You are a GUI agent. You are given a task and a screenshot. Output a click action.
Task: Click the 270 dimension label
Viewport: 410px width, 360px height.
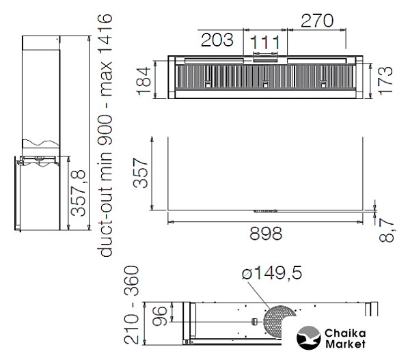click(317, 21)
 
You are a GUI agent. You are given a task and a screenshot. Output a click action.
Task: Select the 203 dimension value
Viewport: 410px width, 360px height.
click(217, 40)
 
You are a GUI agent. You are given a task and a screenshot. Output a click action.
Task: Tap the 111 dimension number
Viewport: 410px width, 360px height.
click(265, 42)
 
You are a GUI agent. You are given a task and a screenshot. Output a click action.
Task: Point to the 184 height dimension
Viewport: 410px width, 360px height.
click(143, 81)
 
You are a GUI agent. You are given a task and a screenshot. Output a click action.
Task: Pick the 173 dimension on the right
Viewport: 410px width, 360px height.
click(385, 81)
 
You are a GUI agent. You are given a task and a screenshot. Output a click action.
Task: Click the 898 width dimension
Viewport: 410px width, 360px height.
click(266, 234)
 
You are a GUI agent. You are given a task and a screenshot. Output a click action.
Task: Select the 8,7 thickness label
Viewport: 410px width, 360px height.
click(386, 231)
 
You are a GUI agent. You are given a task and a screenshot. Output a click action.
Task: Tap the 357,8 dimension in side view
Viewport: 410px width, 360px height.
click(79, 193)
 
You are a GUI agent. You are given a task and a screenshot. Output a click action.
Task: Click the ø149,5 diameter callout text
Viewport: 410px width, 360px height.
click(272, 273)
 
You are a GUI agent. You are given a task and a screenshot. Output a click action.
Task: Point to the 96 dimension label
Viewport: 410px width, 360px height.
click(159, 316)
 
